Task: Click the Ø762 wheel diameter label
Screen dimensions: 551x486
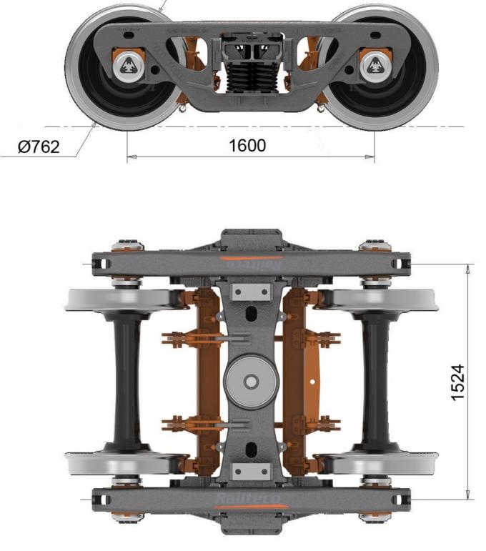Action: point(39,147)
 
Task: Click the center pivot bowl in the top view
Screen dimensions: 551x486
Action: point(251,382)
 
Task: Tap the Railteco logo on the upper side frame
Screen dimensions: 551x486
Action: point(250,263)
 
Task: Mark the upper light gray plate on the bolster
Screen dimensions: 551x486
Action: point(250,292)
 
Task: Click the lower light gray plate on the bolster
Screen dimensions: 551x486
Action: point(250,472)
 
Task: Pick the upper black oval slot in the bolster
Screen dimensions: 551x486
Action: point(250,315)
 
